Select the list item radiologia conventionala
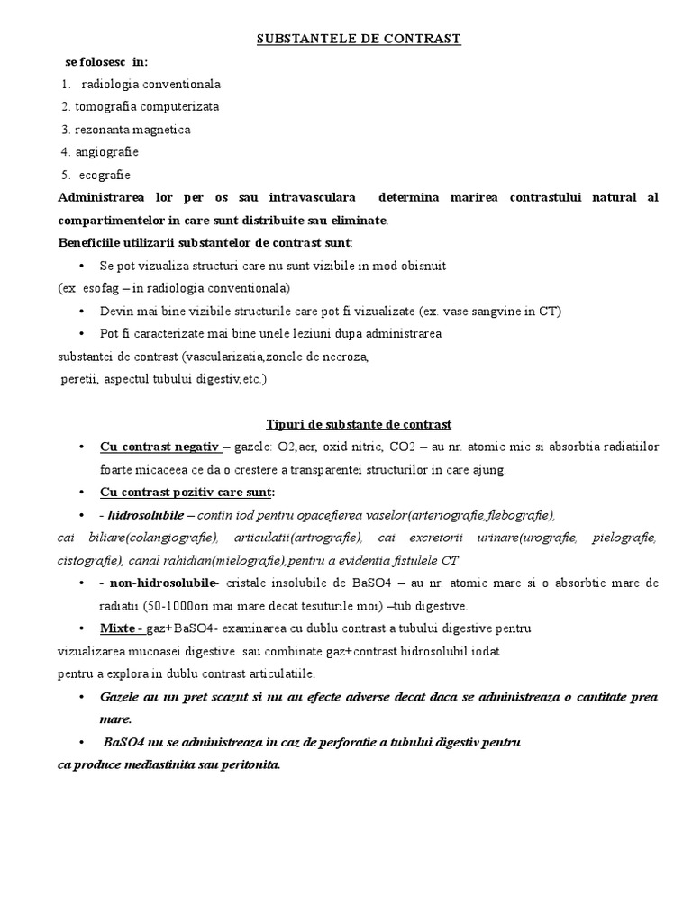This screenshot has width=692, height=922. pos(150,85)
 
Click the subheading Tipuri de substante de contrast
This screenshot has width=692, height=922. pos(359,424)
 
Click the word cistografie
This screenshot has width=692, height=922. pos(85,560)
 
